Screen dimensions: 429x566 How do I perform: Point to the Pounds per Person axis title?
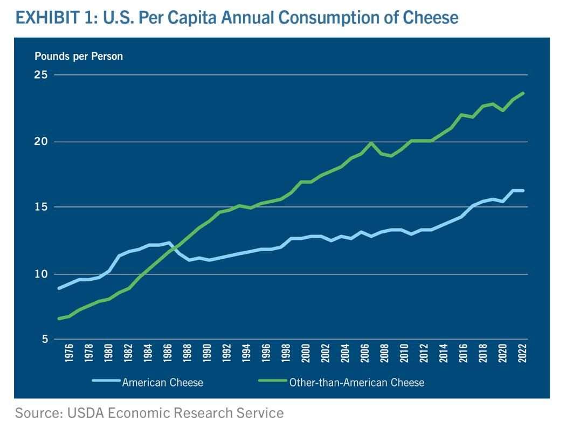point(79,56)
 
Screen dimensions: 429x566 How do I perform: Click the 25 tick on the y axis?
point(42,75)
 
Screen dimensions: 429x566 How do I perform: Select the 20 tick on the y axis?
point(42,142)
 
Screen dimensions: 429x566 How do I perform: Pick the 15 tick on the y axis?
point(42,207)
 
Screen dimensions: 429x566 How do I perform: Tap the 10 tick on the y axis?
point(42,274)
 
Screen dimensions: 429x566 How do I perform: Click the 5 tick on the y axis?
point(44,340)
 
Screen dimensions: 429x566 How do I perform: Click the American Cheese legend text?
point(163,383)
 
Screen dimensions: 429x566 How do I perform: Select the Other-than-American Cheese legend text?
point(357,383)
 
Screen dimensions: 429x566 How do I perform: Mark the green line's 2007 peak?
point(371,143)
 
